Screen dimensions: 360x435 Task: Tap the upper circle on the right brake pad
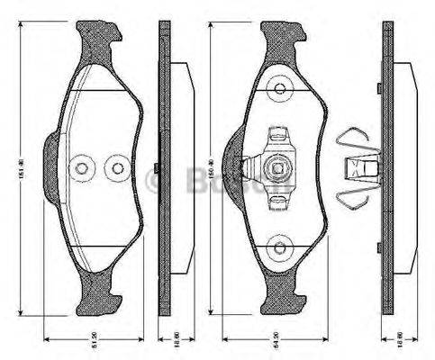tap(281, 88)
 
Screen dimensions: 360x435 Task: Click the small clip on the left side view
tap(158, 167)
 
